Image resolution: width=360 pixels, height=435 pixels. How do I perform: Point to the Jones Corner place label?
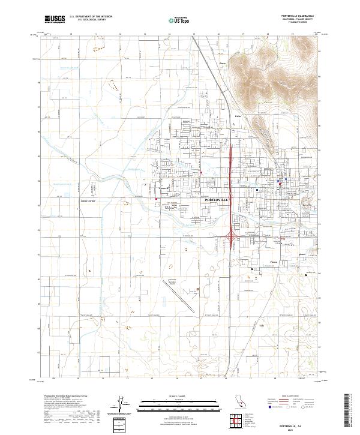pos(88,200)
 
